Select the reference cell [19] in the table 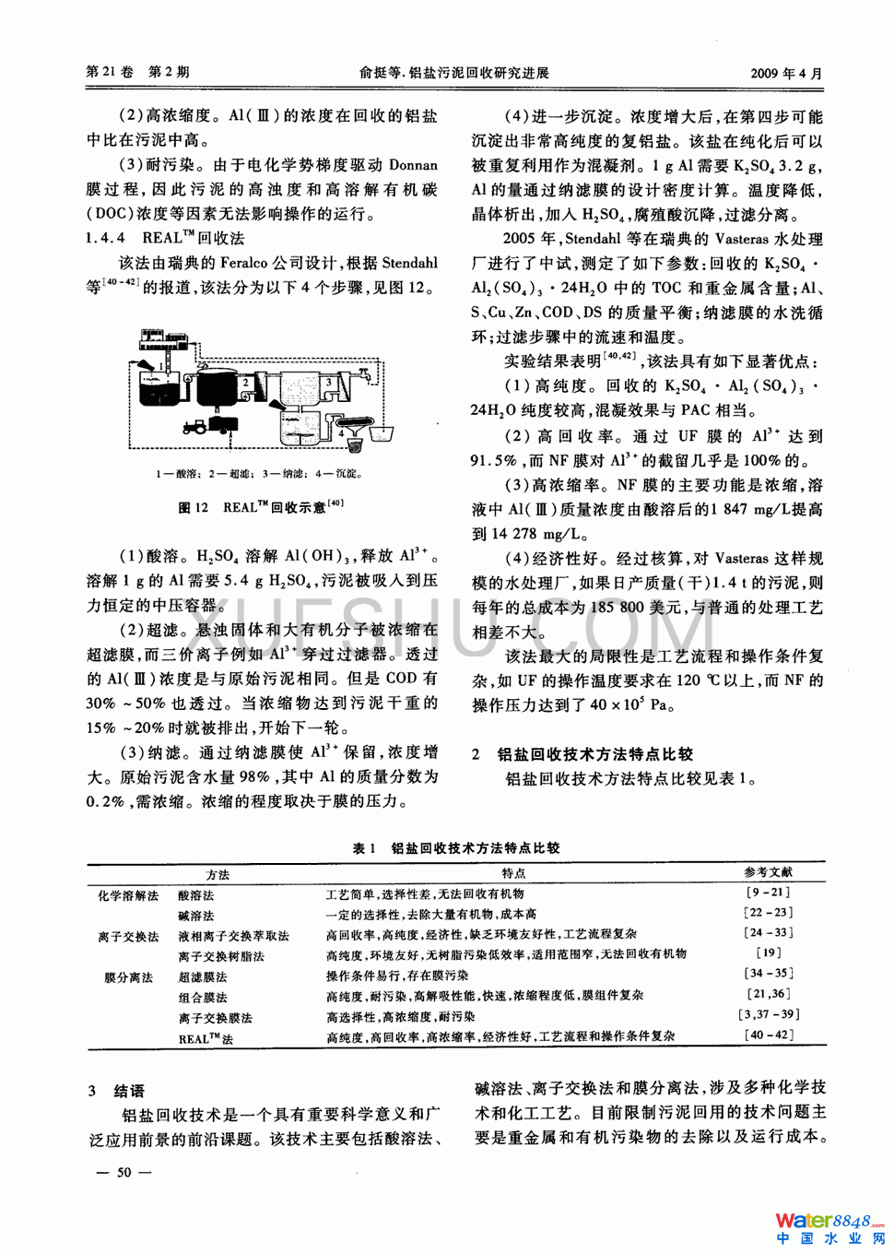point(768,953)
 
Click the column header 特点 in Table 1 point(513,872)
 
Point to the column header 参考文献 point(768,872)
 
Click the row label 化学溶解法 point(128,894)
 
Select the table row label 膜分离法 point(128,976)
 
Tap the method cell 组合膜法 point(202,997)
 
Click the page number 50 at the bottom point(124,1173)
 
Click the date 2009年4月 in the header point(786,74)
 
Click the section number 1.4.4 point(105,239)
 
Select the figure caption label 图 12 point(193,507)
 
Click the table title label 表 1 point(364,848)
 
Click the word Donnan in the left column point(406,165)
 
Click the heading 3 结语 point(117,1091)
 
